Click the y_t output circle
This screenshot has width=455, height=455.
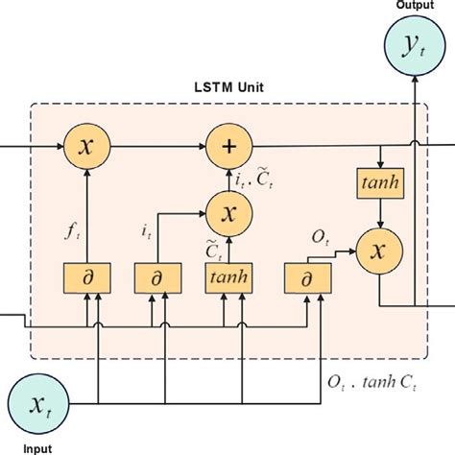click(414, 43)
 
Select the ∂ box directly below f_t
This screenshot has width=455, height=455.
click(87, 277)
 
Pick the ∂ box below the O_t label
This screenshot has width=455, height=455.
click(305, 277)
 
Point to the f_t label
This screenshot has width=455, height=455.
click(71, 229)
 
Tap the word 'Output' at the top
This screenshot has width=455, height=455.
click(414, 6)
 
